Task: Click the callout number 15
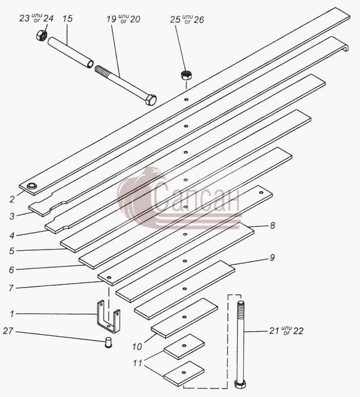67,19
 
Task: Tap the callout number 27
8,331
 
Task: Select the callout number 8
272,225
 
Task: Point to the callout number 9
272,257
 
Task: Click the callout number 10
137,347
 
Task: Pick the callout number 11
137,364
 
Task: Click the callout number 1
12,314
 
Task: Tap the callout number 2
12,200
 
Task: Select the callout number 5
12,251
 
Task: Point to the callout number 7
11,288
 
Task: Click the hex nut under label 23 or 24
41,35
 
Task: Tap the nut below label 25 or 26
187,75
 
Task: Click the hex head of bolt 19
150,99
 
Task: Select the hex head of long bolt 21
239,384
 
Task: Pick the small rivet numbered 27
108,343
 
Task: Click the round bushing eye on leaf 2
32,186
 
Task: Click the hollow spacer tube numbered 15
70,52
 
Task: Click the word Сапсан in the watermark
196,197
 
